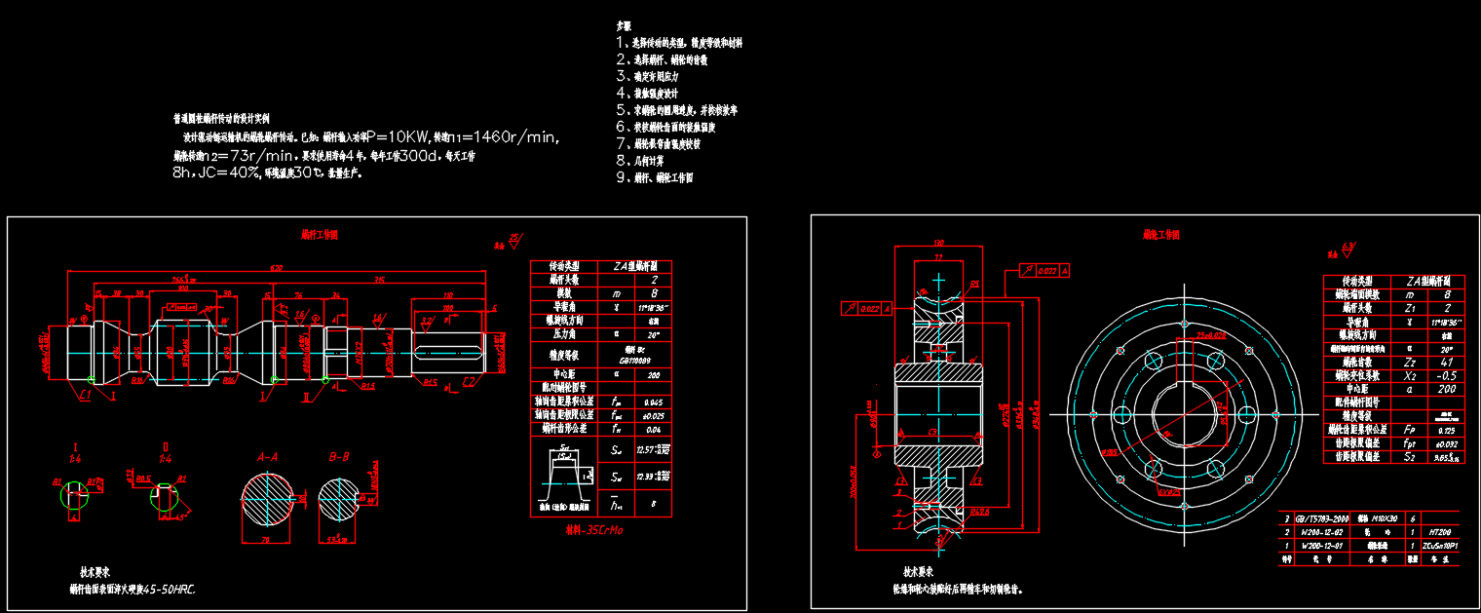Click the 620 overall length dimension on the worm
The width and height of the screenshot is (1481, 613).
(277, 267)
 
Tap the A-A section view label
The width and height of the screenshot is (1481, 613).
(267, 456)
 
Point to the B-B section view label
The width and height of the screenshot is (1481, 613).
(339, 456)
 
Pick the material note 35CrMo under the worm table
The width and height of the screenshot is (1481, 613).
(593, 531)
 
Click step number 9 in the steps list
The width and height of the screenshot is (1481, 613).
(621, 177)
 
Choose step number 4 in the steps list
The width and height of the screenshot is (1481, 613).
(621, 93)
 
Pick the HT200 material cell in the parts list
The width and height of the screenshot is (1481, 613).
(1440, 532)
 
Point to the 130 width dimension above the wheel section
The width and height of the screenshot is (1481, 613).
(938, 243)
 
